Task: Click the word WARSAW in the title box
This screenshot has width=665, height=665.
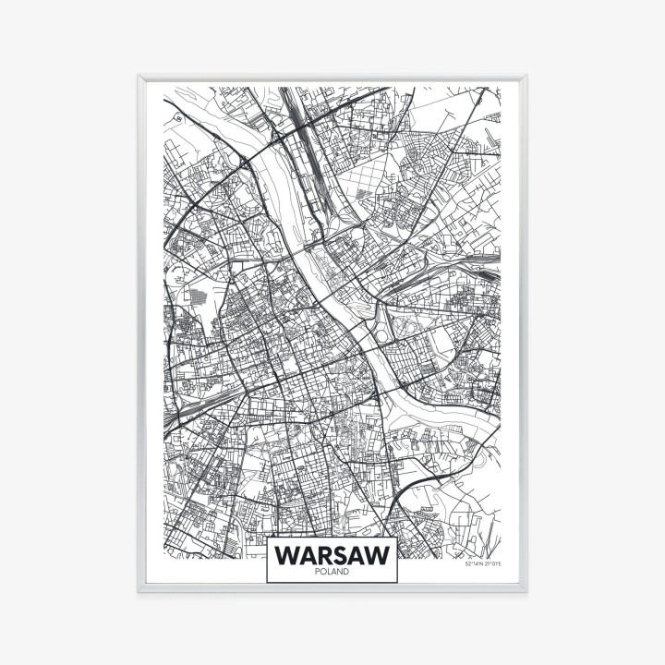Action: pyautogui.click(x=332, y=554)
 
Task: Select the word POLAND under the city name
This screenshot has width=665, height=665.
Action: pyautogui.click(x=332, y=573)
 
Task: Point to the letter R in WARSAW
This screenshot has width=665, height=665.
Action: pyautogui.click(x=323, y=554)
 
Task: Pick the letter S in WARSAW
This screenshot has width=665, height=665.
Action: pyautogui.click(x=342, y=554)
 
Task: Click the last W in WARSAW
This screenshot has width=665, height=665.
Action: pyautogui.click(x=380, y=554)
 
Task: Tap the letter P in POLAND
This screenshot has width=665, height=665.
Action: pyautogui.click(x=317, y=573)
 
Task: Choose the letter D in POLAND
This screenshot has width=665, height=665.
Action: pyautogui.click(x=346, y=573)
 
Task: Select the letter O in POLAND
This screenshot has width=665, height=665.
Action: pyautogui.click(x=322, y=573)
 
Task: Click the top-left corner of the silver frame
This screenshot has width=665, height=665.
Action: pyautogui.click(x=139, y=77)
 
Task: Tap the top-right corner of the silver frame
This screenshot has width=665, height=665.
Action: pyautogui.click(x=526, y=77)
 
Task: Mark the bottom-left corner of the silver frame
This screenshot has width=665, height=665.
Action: pyautogui.click(x=139, y=590)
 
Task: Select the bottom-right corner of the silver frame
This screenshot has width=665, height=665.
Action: pyautogui.click(x=526, y=590)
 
